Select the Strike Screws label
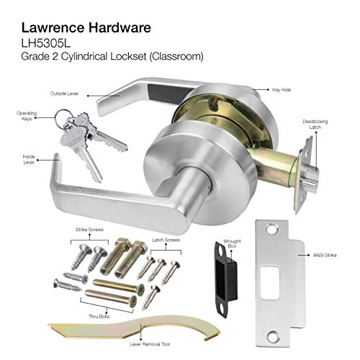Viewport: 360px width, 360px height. (86, 230)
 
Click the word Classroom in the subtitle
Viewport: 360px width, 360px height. (182, 55)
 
